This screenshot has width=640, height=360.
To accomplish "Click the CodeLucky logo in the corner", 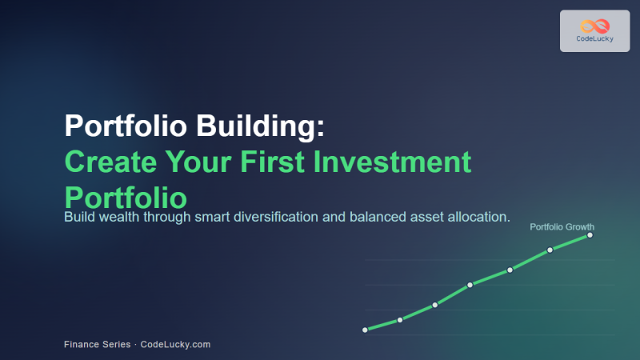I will tap(594, 30).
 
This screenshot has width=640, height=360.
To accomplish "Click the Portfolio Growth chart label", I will tap(562, 227).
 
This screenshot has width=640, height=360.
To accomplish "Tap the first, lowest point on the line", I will tap(365, 330).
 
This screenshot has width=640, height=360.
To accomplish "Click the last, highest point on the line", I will tap(590, 235).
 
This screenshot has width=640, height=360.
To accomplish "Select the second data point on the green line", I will tap(400, 320).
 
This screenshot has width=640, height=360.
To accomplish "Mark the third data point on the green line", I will tap(435, 305).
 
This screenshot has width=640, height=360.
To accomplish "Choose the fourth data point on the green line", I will tap(470, 284).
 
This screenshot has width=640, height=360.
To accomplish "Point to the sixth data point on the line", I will tap(550, 250).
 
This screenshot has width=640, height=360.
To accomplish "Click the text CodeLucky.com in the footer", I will tap(175, 344).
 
